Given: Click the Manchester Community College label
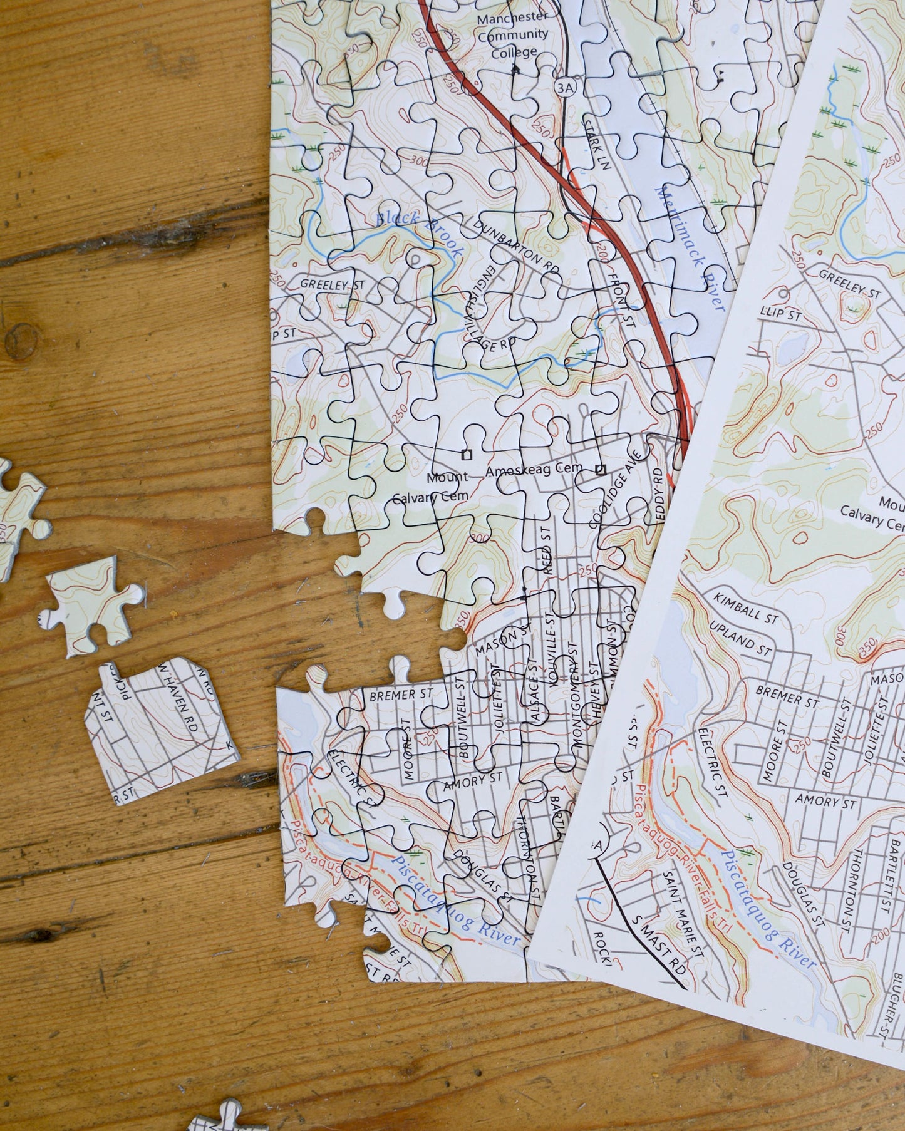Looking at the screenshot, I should pyautogui.click(x=512, y=34).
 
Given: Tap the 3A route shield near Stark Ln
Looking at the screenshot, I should pyautogui.click(x=564, y=88).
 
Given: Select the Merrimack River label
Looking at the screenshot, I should pyautogui.click(x=690, y=248).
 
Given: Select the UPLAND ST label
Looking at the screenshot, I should pyautogui.click(x=740, y=639).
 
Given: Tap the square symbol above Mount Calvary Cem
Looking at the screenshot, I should pyautogui.click(x=465, y=454).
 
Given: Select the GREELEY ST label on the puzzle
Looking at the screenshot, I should pyautogui.click(x=332, y=284).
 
